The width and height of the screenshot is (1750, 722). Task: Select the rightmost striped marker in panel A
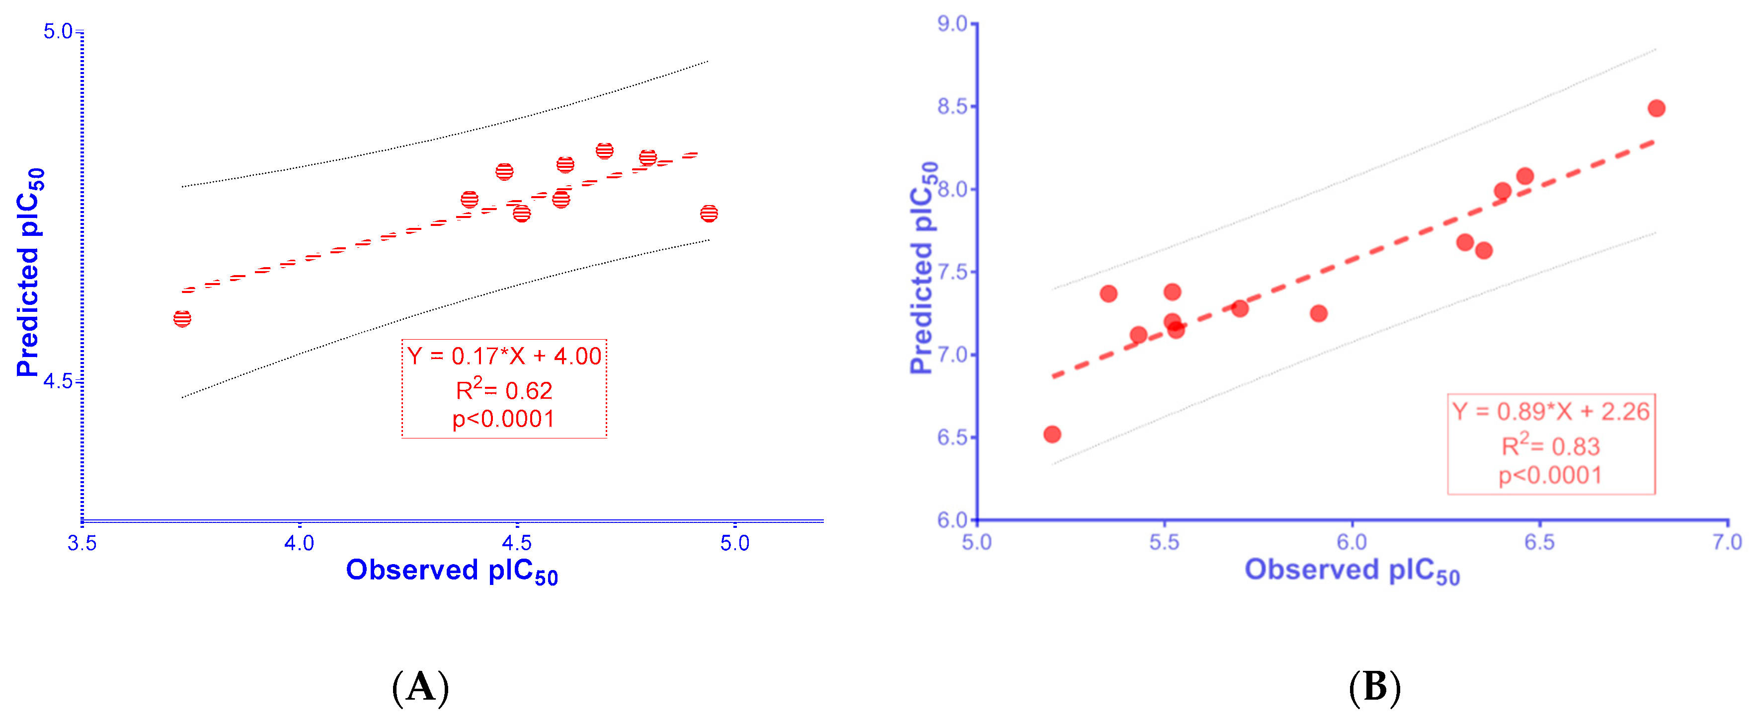coord(709,213)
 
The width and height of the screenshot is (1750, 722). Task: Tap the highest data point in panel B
coord(1656,108)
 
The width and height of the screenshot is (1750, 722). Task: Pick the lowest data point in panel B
coord(1052,434)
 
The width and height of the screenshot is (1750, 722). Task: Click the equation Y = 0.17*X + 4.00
coord(503,356)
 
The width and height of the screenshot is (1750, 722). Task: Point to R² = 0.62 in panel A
coord(503,390)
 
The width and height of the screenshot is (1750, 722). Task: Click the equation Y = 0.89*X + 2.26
coord(1551,412)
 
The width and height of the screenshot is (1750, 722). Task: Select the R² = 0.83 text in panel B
coord(1551,446)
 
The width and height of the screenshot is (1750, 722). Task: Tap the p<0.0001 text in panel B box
coord(1551,475)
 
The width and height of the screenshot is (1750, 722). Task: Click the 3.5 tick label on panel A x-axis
coord(81,543)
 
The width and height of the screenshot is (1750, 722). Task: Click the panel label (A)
coord(420,687)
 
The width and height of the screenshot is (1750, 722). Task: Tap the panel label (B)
coord(1374,687)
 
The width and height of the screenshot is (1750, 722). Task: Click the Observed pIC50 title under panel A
coord(452,571)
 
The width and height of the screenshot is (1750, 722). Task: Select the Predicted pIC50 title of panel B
coord(923,268)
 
